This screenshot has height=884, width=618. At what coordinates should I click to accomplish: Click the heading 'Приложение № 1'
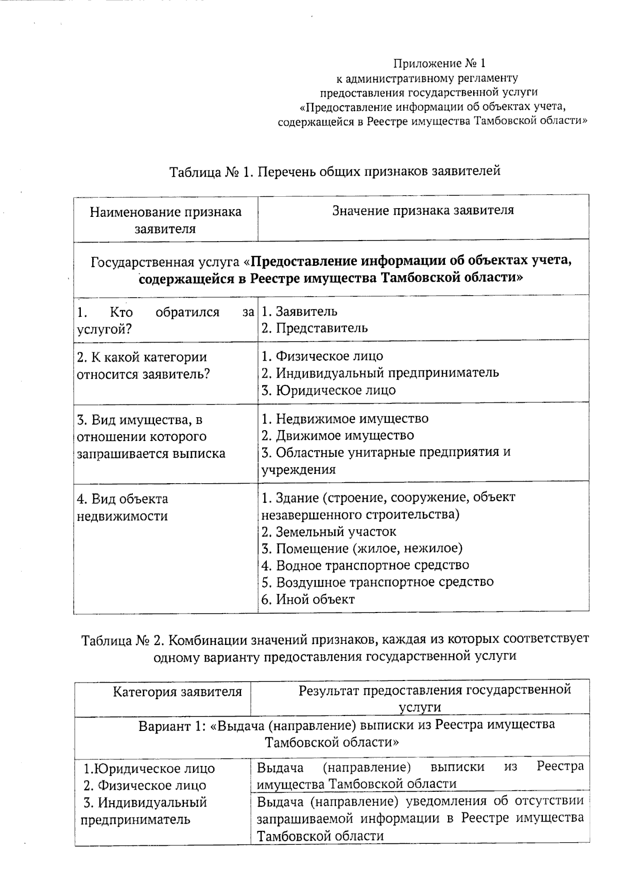pyautogui.click(x=439, y=64)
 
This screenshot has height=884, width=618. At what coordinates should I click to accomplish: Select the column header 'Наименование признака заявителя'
pyautogui.click(x=165, y=220)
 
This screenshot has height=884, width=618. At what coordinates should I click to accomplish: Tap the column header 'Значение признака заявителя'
pyautogui.click(x=423, y=210)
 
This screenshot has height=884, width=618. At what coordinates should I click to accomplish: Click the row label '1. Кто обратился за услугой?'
pyautogui.click(x=165, y=320)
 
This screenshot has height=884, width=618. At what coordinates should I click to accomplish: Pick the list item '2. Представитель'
pyautogui.click(x=315, y=328)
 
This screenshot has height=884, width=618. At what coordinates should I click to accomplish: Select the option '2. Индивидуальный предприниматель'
pyautogui.click(x=380, y=373)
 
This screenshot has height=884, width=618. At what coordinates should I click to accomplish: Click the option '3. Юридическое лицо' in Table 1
pyautogui.click(x=329, y=390)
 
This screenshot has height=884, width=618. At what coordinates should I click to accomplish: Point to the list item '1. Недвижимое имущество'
pyautogui.click(x=345, y=419)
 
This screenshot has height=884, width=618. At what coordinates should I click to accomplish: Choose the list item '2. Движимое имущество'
pyautogui.click(x=338, y=436)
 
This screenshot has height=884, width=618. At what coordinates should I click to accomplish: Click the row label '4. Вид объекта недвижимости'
pyautogui.click(x=123, y=507)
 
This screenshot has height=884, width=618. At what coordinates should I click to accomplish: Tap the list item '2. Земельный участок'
pyautogui.click(x=329, y=532)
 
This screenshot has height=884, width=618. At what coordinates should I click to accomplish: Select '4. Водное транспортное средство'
pyautogui.click(x=365, y=566)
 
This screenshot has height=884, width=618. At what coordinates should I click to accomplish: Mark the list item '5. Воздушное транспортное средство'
pyautogui.click(x=377, y=582)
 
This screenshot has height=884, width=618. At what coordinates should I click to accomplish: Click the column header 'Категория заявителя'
pyautogui.click(x=177, y=692)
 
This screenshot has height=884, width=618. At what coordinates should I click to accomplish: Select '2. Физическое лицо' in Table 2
pyautogui.click(x=145, y=786)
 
